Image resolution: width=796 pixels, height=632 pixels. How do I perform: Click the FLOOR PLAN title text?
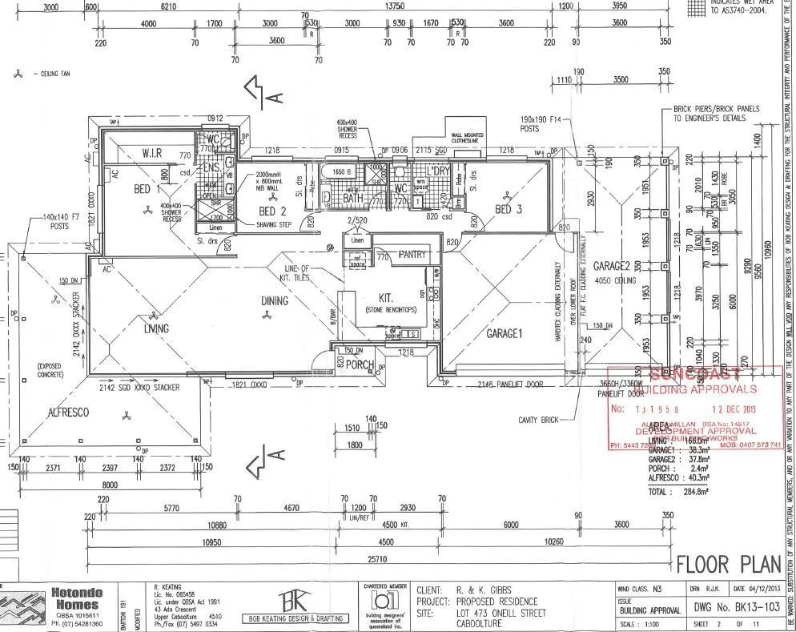coord(728,564)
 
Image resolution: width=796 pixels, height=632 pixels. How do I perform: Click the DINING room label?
coord(275,300)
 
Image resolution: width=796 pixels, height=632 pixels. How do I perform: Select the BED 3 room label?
coord(509,210)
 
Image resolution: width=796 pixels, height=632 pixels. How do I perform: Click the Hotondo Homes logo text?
coord(75,599)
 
